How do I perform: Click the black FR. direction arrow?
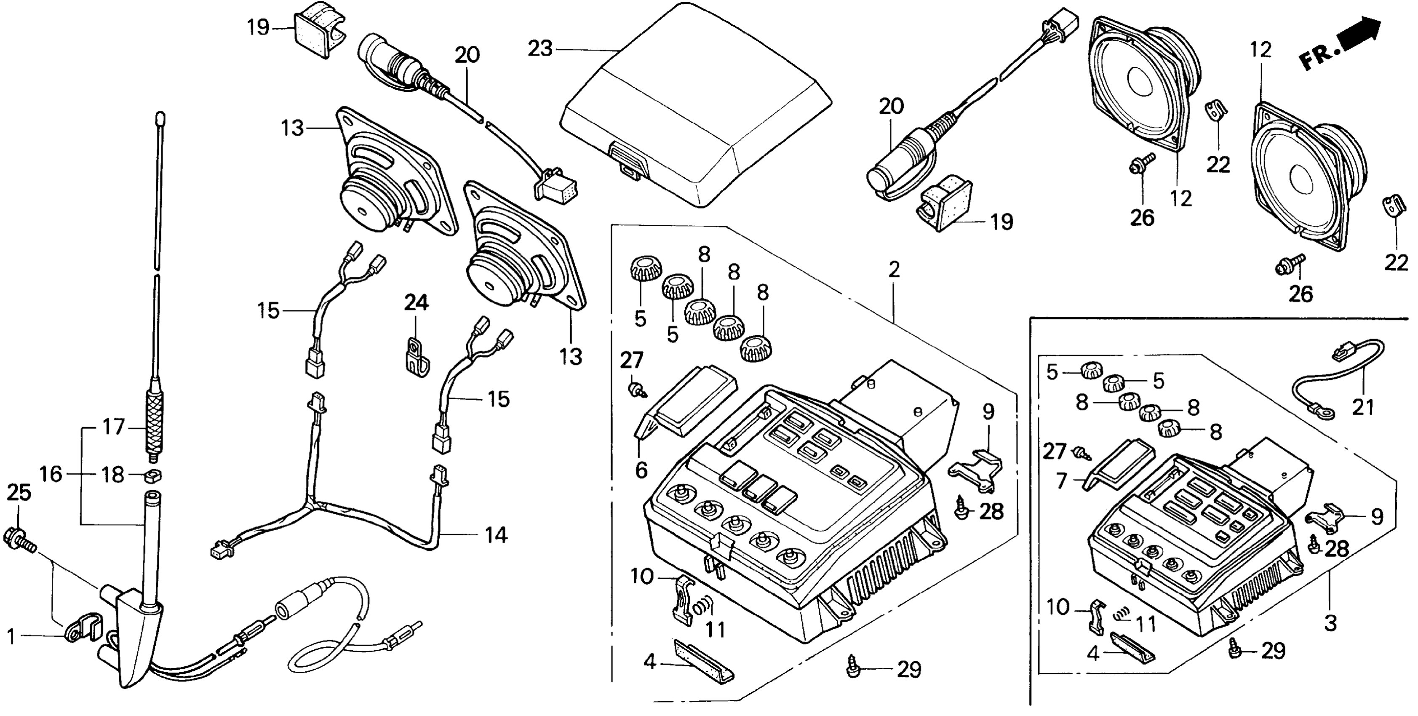pos(1362,34)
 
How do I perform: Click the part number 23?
pos(540,48)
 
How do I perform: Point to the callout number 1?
pos(11,637)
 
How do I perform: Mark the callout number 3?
pos(1330,624)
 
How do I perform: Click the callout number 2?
pos(894,270)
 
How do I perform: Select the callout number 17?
pos(114,427)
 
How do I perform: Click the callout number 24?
pos(416,303)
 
